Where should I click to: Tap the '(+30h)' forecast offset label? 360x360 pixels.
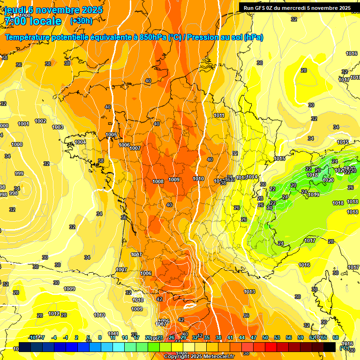click(x=81, y=21)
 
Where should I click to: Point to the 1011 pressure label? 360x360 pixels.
click(x=219, y=116)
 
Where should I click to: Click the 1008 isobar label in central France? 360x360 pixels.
click(x=158, y=181)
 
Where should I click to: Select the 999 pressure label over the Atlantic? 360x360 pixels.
click(x=19, y=173)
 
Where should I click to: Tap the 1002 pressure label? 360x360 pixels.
click(x=41, y=121)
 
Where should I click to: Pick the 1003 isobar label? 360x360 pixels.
click(x=58, y=127)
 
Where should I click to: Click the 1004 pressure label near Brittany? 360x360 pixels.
click(x=81, y=142)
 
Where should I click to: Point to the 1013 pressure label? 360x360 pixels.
click(x=249, y=292)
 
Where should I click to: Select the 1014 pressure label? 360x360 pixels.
click(x=252, y=177)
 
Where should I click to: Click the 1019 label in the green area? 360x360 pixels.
click(x=314, y=195)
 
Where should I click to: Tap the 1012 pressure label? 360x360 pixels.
click(x=54, y=314)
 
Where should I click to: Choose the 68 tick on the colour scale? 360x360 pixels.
click(x=335, y=337)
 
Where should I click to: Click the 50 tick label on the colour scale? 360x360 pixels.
click(x=265, y=337)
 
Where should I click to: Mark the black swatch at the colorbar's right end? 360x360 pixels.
click(x=330, y=347)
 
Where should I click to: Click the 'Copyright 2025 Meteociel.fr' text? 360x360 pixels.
click(x=199, y=356)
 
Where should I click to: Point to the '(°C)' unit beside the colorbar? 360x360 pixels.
click(x=344, y=348)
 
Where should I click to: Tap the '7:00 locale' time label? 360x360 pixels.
click(x=33, y=21)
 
